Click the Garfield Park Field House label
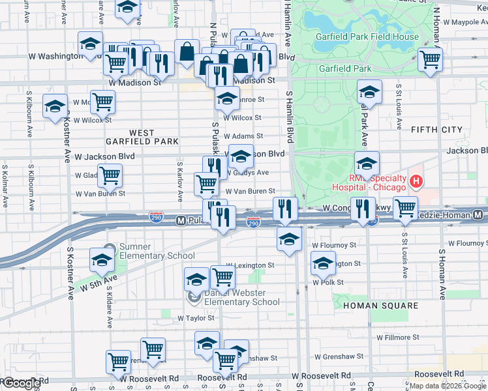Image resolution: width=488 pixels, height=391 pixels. click(x=367, y=36)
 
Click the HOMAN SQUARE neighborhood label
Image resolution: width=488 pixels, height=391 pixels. click(x=380, y=306)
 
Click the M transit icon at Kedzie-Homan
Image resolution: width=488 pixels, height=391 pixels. click(x=478, y=214)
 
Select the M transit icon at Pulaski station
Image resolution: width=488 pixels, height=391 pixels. click(x=182, y=221)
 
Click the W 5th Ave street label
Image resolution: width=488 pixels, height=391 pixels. click(x=99, y=282)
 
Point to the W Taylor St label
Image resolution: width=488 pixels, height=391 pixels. click(x=196, y=318)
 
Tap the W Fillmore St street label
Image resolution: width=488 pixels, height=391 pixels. click(x=397, y=338)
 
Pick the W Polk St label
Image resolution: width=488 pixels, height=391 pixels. click(x=328, y=282)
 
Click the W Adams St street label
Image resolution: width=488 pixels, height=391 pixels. click(x=243, y=136)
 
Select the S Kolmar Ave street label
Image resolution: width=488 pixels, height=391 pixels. click(x=5, y=186)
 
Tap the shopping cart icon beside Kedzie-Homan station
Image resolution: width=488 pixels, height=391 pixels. click(x=405, y=209)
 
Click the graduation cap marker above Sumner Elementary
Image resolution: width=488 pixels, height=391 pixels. click(x=102, y=261)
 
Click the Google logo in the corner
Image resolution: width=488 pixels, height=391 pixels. click(x=21, y=384)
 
